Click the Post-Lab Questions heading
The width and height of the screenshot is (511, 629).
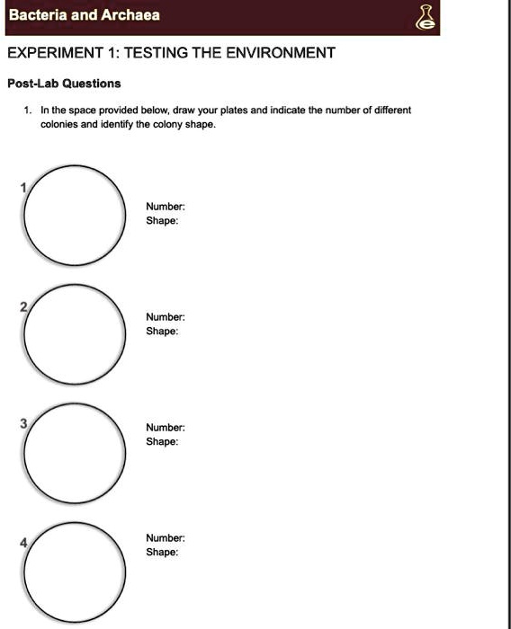pyautogui.click(x=64, y=84)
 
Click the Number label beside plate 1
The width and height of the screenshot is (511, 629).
pyautogui.click(x=166, y=207)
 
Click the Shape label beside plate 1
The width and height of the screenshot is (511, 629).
pyautogui.click(x=162, y=220)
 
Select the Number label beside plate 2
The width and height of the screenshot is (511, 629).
pyautogui.click(x=166, y=317)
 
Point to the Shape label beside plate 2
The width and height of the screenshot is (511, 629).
pyautogui.click(x=162, y=331)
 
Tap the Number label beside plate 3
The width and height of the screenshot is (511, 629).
pyautogui.click(x=166, y=428)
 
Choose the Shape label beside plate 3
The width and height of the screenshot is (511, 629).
pyautogui.click(x=162, y=441)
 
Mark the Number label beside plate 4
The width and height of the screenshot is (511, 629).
pyautogui.click(x=166, y=538)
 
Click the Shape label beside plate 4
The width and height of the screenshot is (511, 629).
pyautogui.click(x=162, y=552)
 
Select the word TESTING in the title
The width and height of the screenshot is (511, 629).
pyautogui.click(x=157, y=53)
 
